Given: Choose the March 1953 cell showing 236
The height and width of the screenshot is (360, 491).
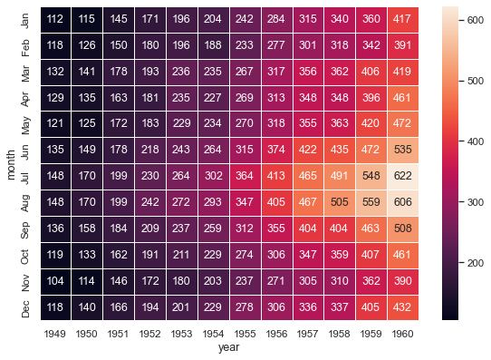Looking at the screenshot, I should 187,70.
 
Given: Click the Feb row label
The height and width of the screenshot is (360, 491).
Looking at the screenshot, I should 25,44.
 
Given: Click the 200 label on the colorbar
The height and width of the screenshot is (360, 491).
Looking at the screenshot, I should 474,262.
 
